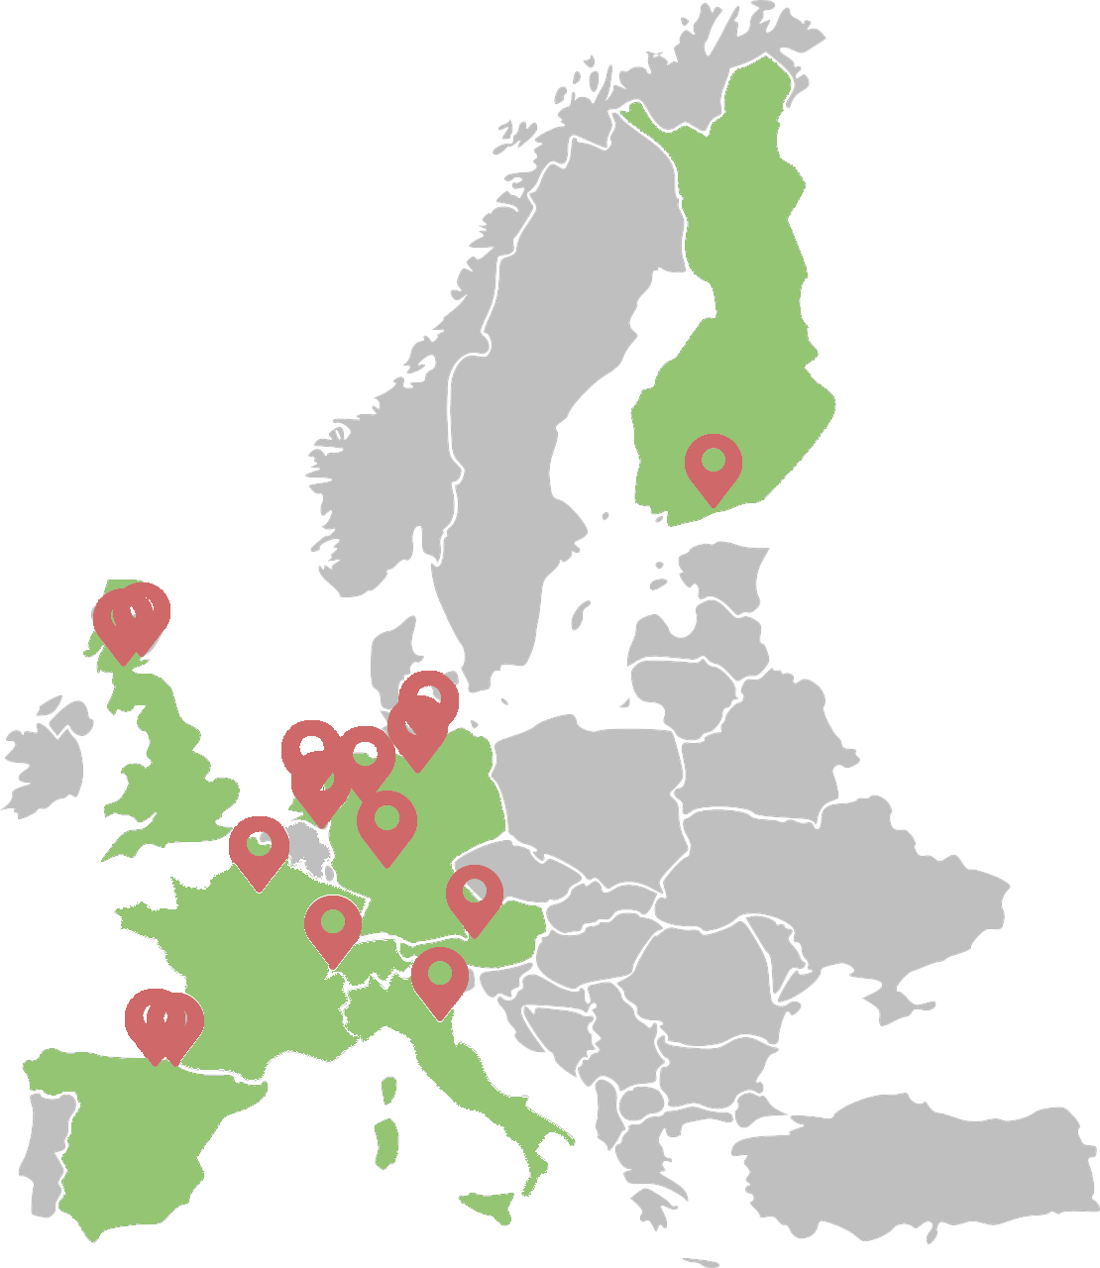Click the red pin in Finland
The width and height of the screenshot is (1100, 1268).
[714, 464]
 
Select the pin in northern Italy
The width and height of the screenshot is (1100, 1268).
[440, 977]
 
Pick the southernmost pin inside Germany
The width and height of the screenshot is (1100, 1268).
[385, 821]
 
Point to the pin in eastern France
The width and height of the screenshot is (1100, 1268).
[333, 924]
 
